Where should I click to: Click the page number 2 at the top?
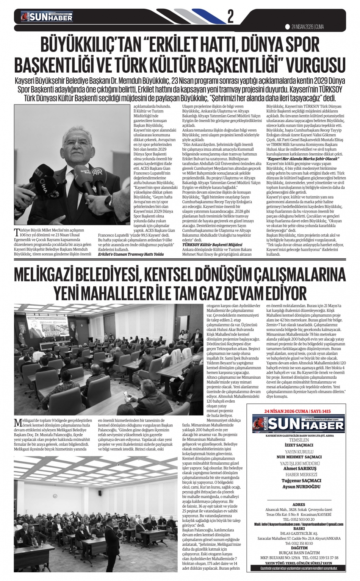[x=230, y=16]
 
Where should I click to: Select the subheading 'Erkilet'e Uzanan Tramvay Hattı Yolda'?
[x=130, y=255]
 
